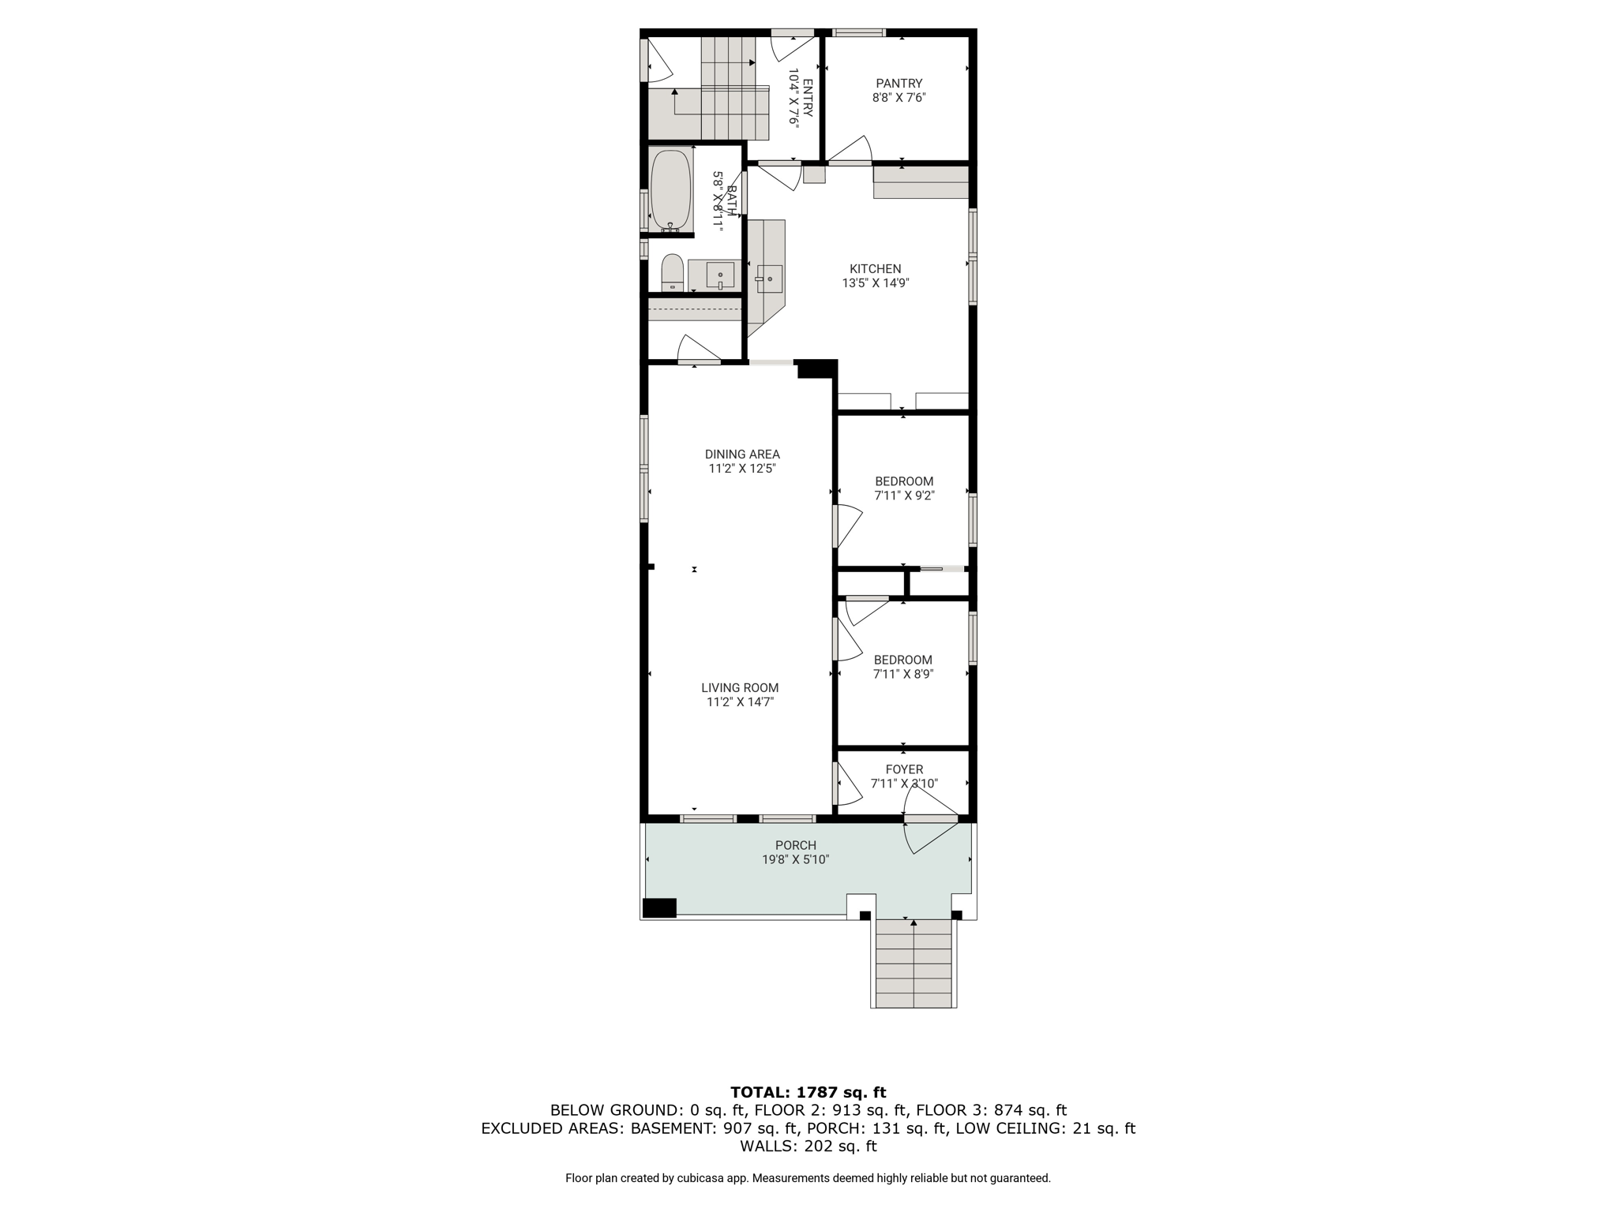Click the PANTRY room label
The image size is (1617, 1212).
pyautogui.click(x=899, y=84)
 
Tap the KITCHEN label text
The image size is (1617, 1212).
pyautogui.click(x=876, y=269)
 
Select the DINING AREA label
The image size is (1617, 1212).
pyautogui.click(x=742, y=454)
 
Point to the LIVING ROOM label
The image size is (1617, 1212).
pyautogui.click(x=740, y=688)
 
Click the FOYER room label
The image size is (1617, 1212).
pyautogui.click(x=904, y=769)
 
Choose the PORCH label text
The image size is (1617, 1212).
pyautogui.click(x=796, y=846)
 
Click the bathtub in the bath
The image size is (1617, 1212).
pyautogui.click(x=670, y=189)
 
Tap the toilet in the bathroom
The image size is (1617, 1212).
pyautogui.click(x=672, y=272)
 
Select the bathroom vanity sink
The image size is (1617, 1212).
pyautogui.click(x=720, y=275)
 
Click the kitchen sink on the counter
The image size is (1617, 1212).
pyautogui.click(x=769, y=279)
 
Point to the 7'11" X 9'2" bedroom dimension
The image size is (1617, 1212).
pyautogui.click(x=904, y=496)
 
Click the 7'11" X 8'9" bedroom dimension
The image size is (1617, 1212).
pyautogui.click(x=903, y=675)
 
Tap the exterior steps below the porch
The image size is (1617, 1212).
pyautogui.click(x=914, y=963)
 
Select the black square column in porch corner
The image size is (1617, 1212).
pyautogui.click(x=659, y=907)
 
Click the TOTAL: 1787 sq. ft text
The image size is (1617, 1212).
pyautogui.click(x=808, y=1093)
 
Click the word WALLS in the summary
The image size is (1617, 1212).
pyautogui.click(x=769, y=1147)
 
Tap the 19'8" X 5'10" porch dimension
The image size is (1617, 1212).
pyautogui.click(x=796, y=860)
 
